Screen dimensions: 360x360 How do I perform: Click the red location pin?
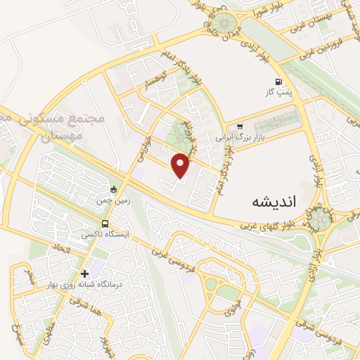coord(181,165)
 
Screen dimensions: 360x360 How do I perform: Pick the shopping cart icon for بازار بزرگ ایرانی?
coord(240,127)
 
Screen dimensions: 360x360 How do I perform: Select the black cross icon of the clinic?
coord(85,273)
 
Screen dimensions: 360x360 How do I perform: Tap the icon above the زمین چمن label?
coord(113,188)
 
